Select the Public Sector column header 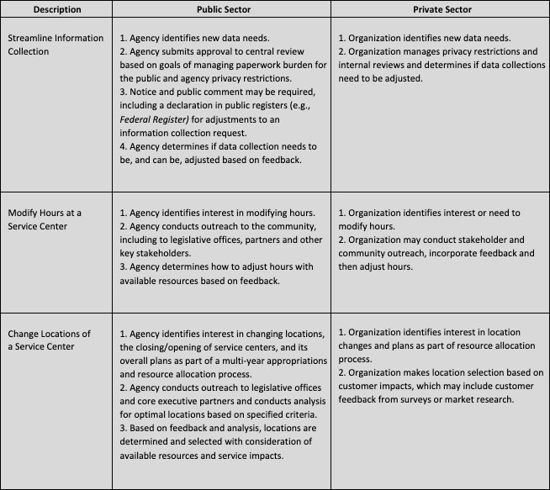pos(220,10)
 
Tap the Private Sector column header pos(441,10)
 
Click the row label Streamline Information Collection pos(56,45)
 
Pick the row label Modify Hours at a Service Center pos(49,219)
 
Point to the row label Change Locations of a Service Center pos(52,340)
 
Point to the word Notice pos(141,92)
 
